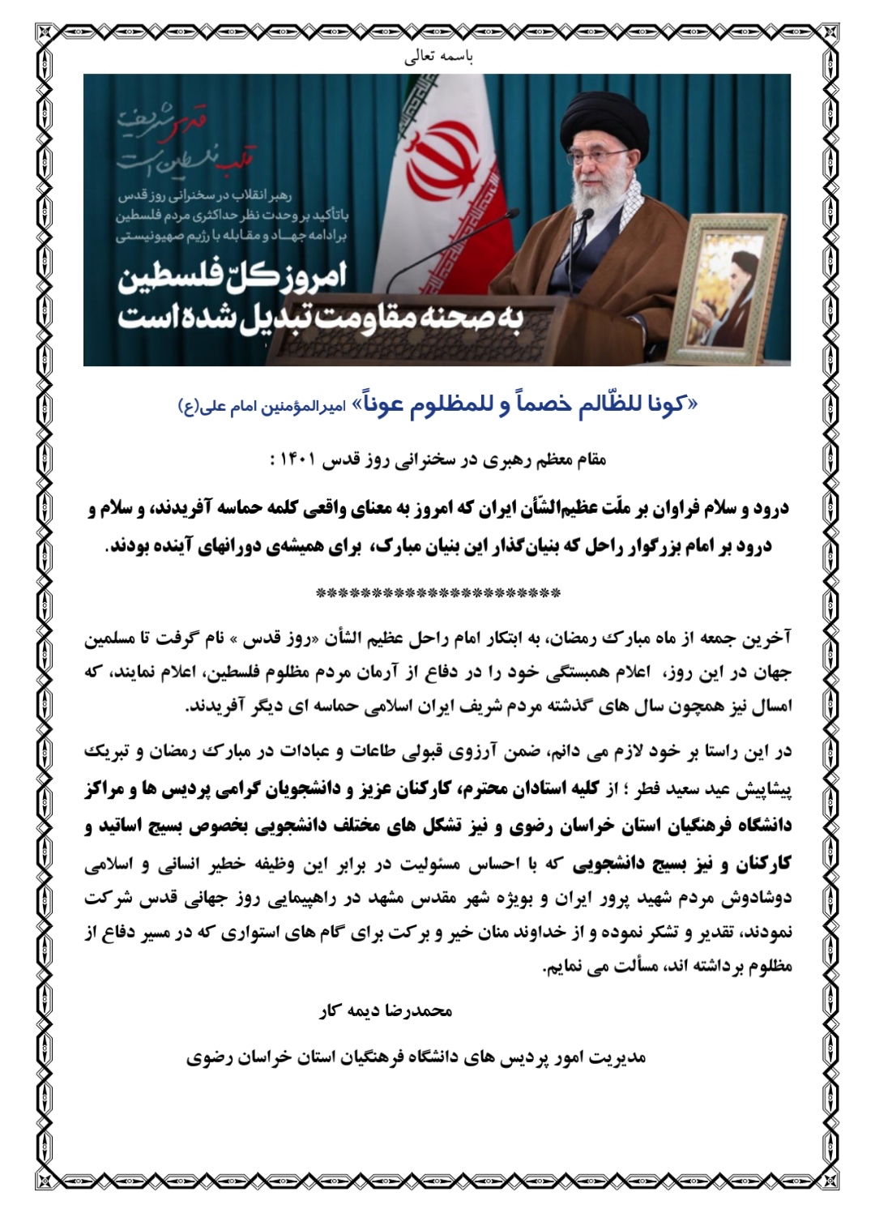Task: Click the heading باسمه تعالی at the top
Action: coord(438,58)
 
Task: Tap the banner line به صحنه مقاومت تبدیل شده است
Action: coord(320,317)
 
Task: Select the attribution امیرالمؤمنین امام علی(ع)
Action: coord(267,408)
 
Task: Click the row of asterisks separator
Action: coord(437,593)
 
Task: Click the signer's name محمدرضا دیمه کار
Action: coord(386,1011)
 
